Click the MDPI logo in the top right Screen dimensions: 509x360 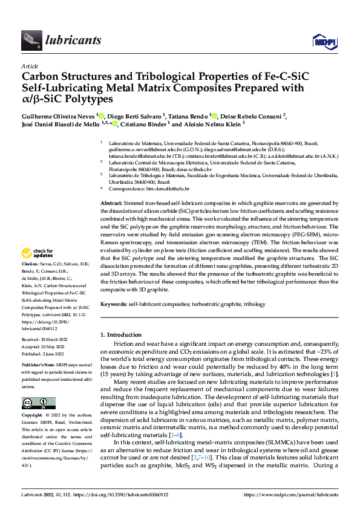(x=324, y=41)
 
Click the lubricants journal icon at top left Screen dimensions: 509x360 (x=30, y=41)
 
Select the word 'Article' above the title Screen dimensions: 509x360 (x=30, y=66)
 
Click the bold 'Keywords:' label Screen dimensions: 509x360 (x=114, y=305)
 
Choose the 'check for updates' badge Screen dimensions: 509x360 (x=38, y=253)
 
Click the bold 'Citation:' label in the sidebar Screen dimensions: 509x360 (x=30, y=265)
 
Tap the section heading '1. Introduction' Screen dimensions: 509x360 (x=122, y=334)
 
